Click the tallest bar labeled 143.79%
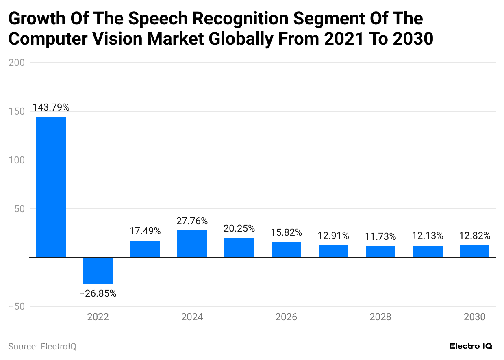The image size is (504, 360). [51, 187]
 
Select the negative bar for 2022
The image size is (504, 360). [98, 270]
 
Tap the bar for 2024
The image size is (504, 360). [192, 244]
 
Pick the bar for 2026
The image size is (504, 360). [286, 249]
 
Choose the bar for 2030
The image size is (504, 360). [474, 251]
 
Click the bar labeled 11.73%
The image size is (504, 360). [380, 252]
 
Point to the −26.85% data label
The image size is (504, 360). [98, 293]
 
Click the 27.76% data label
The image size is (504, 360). [192, 221]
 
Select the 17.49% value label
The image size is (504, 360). [145, 231]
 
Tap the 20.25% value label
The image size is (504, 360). [239, 228]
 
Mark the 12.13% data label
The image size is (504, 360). [427, 236]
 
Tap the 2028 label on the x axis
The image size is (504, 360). [380, 317]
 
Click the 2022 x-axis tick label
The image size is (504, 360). [98, 317]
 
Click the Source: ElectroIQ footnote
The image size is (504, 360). [42, 347]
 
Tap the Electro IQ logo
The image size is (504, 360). [471, 346]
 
